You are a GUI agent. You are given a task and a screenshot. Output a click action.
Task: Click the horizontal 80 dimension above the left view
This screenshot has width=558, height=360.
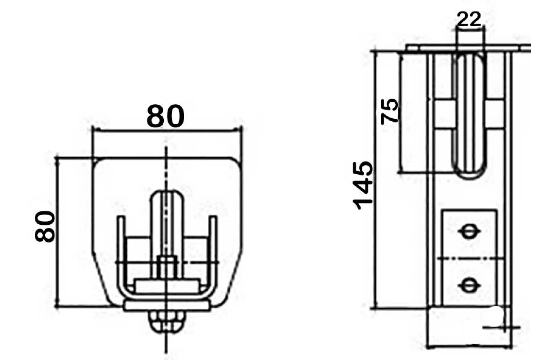[x=165, y=117]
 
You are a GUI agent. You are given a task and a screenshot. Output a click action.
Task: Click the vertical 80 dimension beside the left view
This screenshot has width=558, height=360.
[x=45, y=226]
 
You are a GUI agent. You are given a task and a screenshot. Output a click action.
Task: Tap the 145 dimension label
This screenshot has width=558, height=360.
[x=363, y=185]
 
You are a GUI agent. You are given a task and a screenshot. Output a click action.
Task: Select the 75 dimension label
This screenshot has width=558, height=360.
[x=389, y=111]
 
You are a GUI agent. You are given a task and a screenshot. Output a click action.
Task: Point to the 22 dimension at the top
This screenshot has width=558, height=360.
[x=469, y=19]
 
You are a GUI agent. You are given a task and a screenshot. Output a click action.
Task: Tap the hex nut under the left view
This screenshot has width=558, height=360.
[x=166, y=321]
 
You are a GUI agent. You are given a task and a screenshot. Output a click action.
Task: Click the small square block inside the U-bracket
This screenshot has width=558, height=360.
[x=166, y=267]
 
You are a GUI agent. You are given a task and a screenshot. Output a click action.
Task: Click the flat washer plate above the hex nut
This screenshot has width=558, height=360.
[x=166, y=306]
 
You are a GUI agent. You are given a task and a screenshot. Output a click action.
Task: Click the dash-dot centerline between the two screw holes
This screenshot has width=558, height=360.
[x=470, y=258]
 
